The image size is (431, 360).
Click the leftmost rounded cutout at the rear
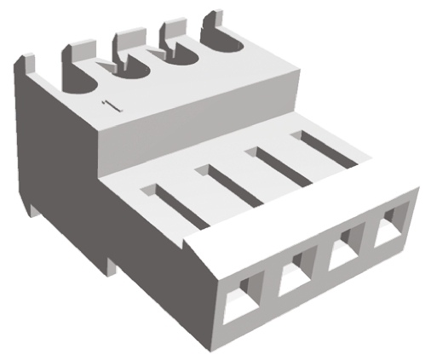click(x=78, y=81)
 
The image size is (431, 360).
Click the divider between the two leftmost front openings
click(x=268, y=289)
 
